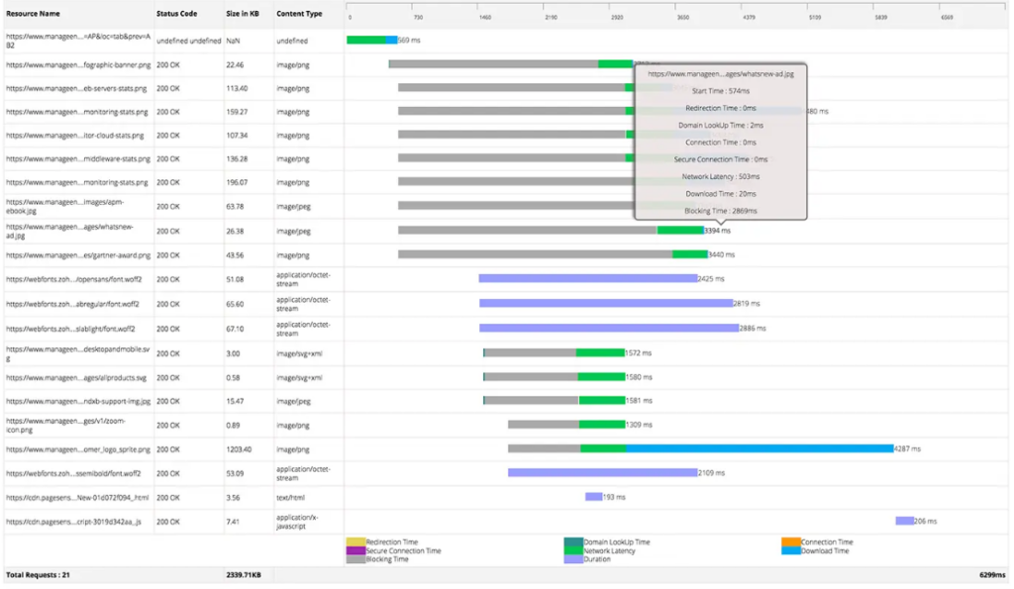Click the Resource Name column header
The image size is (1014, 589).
click(33, 14)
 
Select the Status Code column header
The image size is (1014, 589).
click(176, 14)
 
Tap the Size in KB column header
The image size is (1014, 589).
click(242, 14)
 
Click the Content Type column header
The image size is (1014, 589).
click(299, 14)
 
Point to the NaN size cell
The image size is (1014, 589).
click(233, 41)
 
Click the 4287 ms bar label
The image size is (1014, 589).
click(908, 448)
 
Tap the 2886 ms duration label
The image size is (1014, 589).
click(754, 328)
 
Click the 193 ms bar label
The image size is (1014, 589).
click(614, 497)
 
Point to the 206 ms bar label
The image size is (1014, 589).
click(926, 521)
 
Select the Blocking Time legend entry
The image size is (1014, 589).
click(386, 559)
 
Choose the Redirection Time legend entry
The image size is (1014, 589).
click(392, 542)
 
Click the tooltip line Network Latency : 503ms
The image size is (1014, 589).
click(720, 176)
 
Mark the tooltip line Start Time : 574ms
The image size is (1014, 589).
click(720, 90)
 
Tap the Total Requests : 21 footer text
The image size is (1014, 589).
click(38, 574)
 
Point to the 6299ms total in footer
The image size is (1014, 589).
click(991, 574)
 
